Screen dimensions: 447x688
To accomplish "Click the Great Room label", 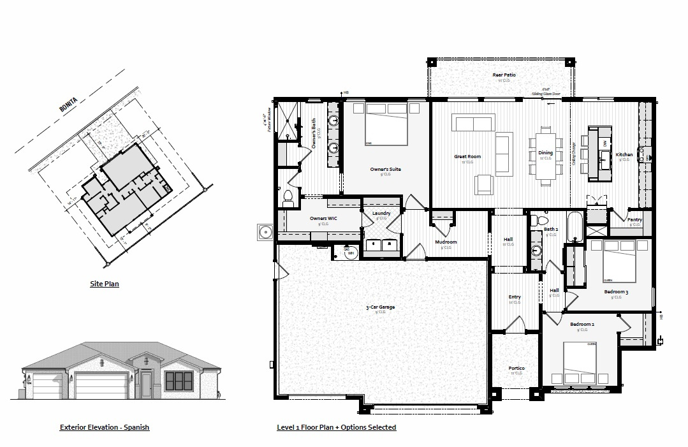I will coord(467,156).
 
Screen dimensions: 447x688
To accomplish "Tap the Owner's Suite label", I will coord(386,169).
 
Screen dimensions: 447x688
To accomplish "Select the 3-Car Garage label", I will coord(380,307).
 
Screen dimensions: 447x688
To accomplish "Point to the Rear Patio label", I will coord(504,75).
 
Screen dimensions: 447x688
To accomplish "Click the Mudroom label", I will coord(446,242).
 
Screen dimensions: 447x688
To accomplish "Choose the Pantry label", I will coord(634,219).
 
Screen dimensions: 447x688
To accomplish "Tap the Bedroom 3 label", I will coord(616,292).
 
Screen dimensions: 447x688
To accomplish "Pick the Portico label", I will coord(516,369).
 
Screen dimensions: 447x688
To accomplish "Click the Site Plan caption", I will coord(104,284).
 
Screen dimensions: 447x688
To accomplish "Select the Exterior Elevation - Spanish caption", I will coord(105,427).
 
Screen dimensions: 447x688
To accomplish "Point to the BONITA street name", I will coord(68,105).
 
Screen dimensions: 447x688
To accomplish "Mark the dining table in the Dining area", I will coord(545,156).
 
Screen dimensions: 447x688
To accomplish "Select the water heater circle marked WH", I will coord(350,253).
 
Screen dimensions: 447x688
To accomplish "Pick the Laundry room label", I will coord(381,214).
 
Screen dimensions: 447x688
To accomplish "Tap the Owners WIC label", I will coord(323,219).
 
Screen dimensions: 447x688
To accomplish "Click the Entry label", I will coord(515,297).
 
